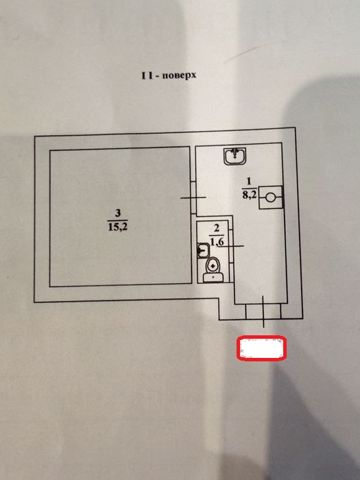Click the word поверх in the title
coord(179,75)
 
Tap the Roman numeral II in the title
coord(147,75)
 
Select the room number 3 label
coord(118,213)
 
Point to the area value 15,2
coord(118,227)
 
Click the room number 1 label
coord(248,182)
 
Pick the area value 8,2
coord(250,195)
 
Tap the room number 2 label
coord(217,228)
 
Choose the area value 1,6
coord(217,242)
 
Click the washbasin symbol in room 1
coord(235,156)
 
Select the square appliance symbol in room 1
coord(271,197)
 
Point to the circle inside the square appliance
coord(270,197)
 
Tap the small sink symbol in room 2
coord(203,251)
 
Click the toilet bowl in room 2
coord(213,265)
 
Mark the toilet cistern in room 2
coord(213,278)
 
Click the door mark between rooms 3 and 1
coord(193,197)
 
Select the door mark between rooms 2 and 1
coord(232,245)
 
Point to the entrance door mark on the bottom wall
coord(263,311)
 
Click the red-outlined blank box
coord(261,348)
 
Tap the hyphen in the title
coord(157,76)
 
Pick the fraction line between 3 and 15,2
coord(118,220)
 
